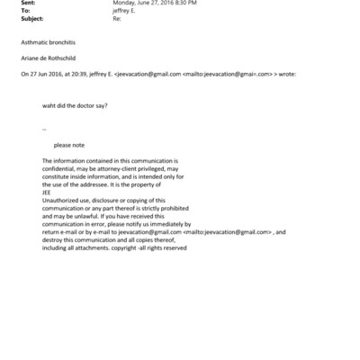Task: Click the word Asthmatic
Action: pos(33,44)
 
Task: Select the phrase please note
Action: pos(68,143)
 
